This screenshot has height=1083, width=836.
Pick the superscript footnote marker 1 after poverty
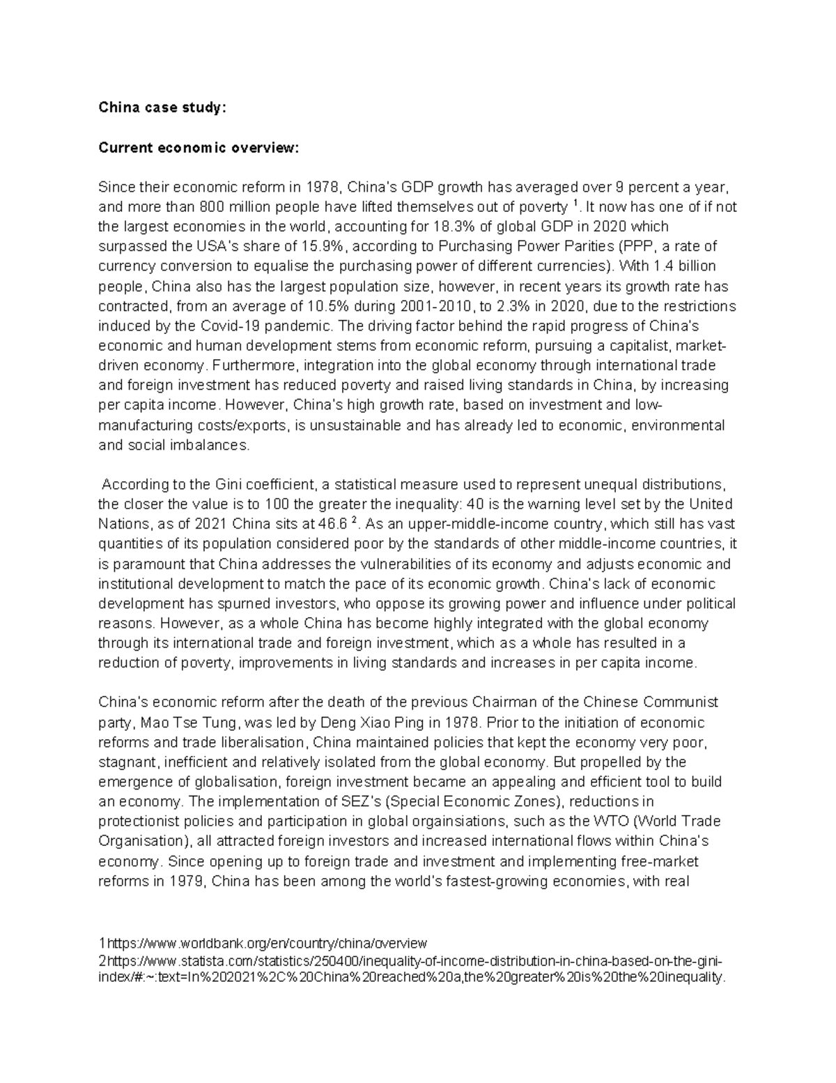click(x=575, y=204)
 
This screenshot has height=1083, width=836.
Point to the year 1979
click(x=184, y=881)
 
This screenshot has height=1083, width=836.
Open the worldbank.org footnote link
click(x=265, y=944)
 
